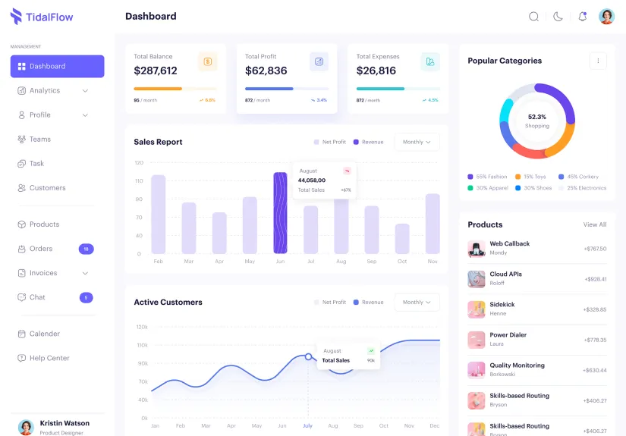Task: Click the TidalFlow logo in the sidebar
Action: (42, 17)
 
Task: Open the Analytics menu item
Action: (45, 91)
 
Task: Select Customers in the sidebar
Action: (47, 188)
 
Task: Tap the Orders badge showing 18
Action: (86, 249)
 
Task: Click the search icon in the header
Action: (534, 17)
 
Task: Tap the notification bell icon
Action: (583, 17)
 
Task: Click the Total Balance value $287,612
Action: (156, 71)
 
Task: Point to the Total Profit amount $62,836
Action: (266, 71)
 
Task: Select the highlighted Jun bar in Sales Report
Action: (280, 213)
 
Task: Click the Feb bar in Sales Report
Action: (158, 214)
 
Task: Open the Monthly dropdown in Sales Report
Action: (417, 142)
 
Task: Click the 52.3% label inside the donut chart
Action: (537, 118)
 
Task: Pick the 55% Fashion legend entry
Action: (487, 177)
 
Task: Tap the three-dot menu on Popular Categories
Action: (598, 61)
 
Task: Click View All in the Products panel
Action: (595, 224)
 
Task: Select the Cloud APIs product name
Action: (505, 274)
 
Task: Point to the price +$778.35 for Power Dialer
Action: (595, 340)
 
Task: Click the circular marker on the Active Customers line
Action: (308, 356)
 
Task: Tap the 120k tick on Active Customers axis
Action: (142, 327)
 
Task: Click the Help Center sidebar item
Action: (49, 358)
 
